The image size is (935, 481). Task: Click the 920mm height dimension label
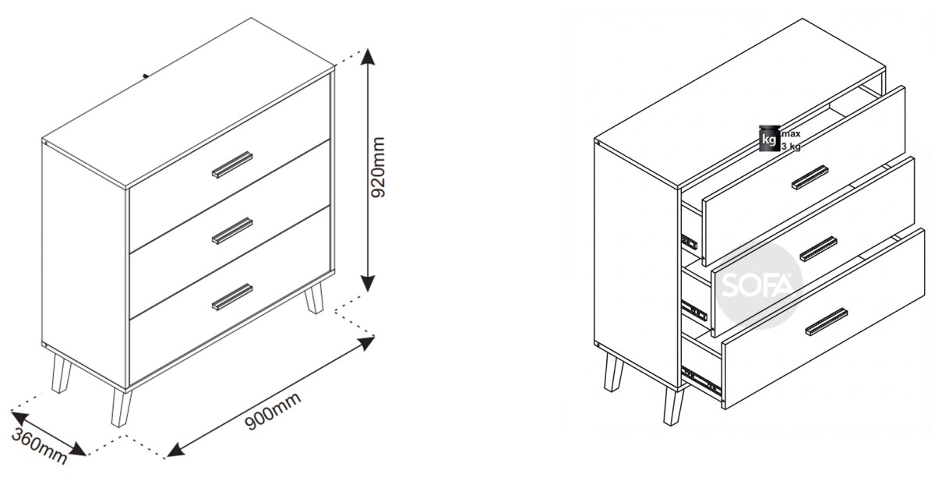(378, 167)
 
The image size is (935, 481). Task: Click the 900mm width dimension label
(273, 411)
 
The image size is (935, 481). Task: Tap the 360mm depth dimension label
(39, 446)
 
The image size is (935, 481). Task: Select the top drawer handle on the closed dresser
(232, 164)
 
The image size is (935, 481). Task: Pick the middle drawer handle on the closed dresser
(232, 231)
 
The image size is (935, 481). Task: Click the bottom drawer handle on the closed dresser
(232, 297)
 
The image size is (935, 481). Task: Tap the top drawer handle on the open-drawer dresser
(810, 178)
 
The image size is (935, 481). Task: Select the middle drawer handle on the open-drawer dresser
(819, 249)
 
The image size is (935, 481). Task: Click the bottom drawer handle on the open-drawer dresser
(827, 322)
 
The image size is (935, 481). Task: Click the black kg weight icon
(769, 139)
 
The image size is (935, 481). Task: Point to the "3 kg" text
(791, 147)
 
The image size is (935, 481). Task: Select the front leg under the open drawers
(673, 406)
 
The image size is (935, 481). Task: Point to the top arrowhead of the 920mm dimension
(367, 55)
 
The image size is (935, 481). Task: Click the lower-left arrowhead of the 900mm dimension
(175, 450)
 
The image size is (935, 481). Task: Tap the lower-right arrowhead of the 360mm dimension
(79, 449)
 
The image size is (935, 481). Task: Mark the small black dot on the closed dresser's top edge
(145, 76)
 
